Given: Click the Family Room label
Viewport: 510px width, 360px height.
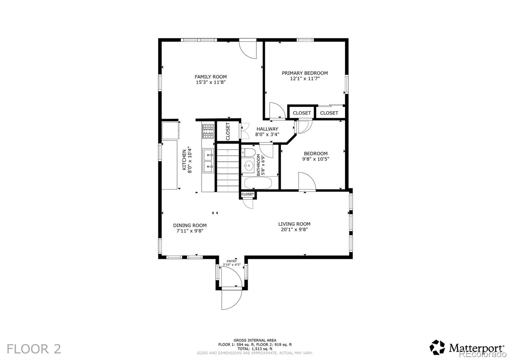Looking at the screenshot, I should pyautogui.click(x=211, y=77).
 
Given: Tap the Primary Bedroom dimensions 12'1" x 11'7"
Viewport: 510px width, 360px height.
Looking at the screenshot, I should pyautogui.click(x=305, y=79).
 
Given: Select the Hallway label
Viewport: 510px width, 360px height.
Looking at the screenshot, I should pyautogui.click(x=267, y=129).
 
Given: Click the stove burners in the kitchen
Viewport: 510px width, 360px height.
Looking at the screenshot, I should pyautogui.click(x=208, y=132).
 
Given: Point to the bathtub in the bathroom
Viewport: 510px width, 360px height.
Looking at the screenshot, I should pyautogui.click(x=258, y=184).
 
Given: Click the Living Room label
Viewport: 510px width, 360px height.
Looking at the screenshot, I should pyautogui.click(x=294, y=224).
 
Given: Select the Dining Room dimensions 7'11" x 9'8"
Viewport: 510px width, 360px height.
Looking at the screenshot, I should pyautogui.click(x=190, y=231).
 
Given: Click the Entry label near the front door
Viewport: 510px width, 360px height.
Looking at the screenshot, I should pyautogui.click(x=232, y=261).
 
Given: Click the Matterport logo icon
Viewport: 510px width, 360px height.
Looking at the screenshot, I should pyautogui.click(x=437, y=347).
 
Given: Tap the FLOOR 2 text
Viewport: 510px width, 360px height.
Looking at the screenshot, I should pyautogui.click(x=34, y=349).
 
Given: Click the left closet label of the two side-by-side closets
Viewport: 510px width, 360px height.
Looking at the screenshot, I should pyautogui.click(x=302, y=113).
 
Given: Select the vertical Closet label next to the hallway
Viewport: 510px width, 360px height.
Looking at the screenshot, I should pyautogui.click(x=228, y=131).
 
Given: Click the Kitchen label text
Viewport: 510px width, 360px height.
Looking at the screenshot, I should pyautogui.click(x=184, y=160).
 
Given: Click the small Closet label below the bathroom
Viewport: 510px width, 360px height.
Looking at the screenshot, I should pyautogui.click(x=248, y=194).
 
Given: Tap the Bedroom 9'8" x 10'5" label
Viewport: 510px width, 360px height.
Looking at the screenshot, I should pyautogui.click(x=316, y=156).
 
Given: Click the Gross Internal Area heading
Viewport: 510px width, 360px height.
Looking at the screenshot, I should pyautogui.click(x=255, y=340).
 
